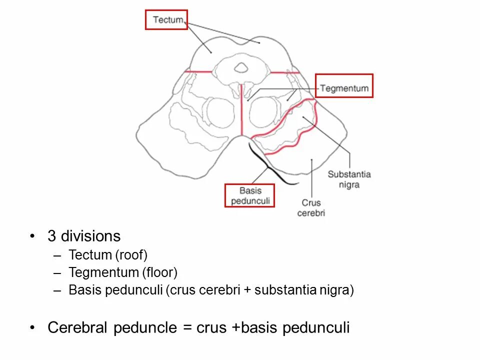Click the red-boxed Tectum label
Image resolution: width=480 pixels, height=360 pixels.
pyautogui.click(x=166, y=20)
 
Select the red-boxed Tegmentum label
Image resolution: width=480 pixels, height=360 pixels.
pyautogui.click(x=344, y=88)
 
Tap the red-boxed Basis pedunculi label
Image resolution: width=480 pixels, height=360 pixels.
pyautogui.click(x=250, y=195)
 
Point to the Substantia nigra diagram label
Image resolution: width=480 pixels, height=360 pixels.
pyautogui.click(x=349, y=179)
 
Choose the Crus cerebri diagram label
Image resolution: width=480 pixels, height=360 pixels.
pyautogui.click(x=311, y=208)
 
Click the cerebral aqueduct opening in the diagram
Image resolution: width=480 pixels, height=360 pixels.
pyautogui.click(x=241, y=67)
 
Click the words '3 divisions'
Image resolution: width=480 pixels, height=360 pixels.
pyautogui.click(x=84, y=236)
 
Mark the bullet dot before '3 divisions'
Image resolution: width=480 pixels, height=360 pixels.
pyautogui.click(x=32, y=236)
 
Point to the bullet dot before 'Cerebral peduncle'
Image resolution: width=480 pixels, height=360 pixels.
pyautogui.click(x=32, y=328)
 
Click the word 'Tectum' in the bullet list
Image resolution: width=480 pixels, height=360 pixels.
pyautogui.click(x=90, y=255)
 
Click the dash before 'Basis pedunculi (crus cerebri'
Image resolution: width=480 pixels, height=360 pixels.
pyautogui.click(x=58, y=290)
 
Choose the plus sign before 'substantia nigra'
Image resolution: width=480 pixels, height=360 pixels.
pyautogui.click(x=247, y=290)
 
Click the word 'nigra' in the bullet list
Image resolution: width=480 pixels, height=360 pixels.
pyautogui.click(x=334, y=290)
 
